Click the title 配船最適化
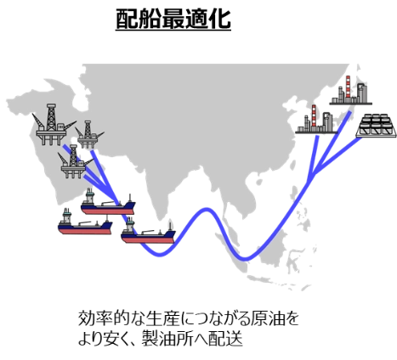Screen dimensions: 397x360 coord(173,19)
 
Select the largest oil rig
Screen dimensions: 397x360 coord(53,125)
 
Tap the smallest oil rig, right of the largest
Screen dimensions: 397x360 coord(89,134)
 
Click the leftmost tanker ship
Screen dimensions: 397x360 coord(85,222)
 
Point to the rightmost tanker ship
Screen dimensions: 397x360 coord(148,231)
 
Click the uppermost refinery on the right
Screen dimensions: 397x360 coord(351,91)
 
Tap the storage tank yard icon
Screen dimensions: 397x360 coord(376,126)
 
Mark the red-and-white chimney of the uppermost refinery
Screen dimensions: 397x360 coord(348,87)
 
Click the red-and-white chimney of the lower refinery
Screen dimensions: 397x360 coord(314,116)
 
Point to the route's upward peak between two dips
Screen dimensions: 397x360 coord(207,210)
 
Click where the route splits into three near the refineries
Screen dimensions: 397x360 coord(311,176)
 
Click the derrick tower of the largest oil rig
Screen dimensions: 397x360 coord(51,117)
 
